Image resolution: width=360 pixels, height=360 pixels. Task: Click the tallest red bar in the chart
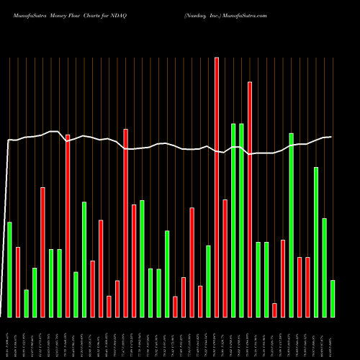click(217, 187)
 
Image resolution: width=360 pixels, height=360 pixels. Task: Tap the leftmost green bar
click(10, 269)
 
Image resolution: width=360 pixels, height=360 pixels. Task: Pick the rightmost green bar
click(333, 299)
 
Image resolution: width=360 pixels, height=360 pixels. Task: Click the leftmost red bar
click(18, 282)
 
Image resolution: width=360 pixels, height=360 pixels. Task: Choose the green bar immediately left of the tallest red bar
click(208, 281)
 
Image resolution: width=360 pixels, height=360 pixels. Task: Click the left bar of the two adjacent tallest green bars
click(233, 220)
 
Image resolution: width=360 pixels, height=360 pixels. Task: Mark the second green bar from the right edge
click(325, 267)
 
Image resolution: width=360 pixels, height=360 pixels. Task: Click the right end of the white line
click(331, 137)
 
